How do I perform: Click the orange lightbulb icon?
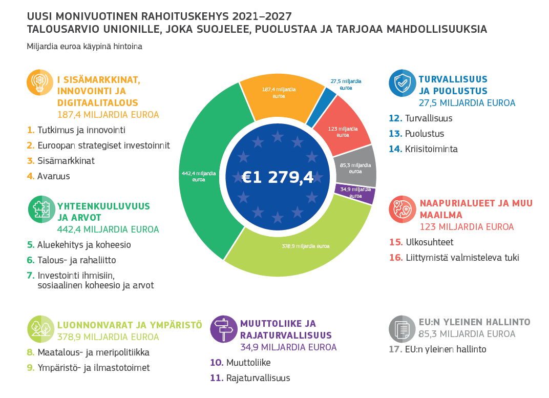coord(40,82)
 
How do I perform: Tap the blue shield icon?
coord(403,83)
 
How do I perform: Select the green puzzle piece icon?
coord(41,210)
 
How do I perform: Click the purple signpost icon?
coord(224,329)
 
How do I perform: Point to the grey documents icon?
coord(403,329)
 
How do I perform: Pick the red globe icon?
coord(403,210)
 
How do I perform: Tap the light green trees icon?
coord(40,329)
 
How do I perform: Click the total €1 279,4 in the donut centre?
coord(277,177)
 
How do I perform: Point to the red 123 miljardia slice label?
coord(343,132)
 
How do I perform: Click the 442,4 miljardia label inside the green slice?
coord(199,176)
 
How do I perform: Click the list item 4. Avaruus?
coord(48,176)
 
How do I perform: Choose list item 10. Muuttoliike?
coord(240,362)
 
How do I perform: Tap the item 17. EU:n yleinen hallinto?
coord(437,349)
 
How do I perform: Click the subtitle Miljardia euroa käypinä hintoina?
coord(85,47)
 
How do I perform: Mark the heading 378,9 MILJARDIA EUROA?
coord(108,337)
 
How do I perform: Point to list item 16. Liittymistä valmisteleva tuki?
coord(454,258)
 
